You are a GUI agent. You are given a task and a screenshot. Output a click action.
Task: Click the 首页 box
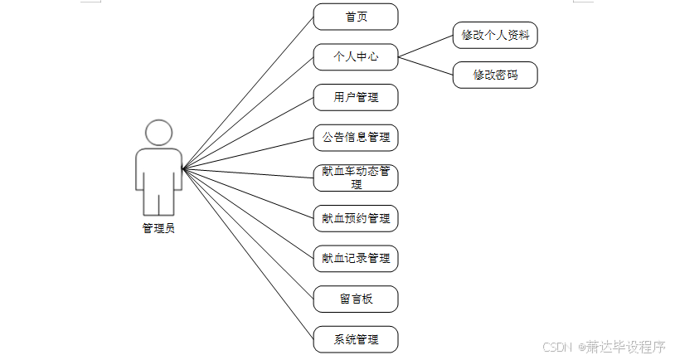click(x=356, y=17)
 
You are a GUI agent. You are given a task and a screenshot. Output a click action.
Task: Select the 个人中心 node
click(x=356, y=57)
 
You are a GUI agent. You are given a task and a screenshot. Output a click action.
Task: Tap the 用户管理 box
click(x=356, y=97)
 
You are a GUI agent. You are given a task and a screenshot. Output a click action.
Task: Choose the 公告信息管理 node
click(x=356, y=138)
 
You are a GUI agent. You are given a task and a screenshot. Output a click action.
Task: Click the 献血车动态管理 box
click(x=356, y=178)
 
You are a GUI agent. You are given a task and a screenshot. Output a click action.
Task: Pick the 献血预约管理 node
click(x=356, y=218)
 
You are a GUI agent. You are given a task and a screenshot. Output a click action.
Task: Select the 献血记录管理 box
click(x=356, y=258)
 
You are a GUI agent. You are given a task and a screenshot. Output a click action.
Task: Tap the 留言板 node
click(x=356, y=299)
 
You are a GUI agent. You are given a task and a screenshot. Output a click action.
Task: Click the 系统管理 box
click(x=356, y=338)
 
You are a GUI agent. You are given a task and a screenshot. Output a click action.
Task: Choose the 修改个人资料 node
click(x=495, y=36)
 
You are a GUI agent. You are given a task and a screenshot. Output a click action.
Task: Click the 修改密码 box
click(x=495, y=75)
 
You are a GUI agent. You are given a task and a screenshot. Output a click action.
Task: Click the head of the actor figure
click(x=158, y=133)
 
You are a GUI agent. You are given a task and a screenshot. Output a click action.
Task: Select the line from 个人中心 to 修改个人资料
click(x=425, y=46)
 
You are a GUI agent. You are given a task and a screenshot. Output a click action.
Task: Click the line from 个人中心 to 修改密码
click(x=425, y=66)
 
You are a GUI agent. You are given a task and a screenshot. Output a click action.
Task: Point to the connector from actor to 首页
click(x=249, y=91)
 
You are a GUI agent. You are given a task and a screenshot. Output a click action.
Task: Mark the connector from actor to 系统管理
click(x=249, y=254)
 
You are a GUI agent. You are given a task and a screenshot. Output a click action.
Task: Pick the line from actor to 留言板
click(x=249, y=234)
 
